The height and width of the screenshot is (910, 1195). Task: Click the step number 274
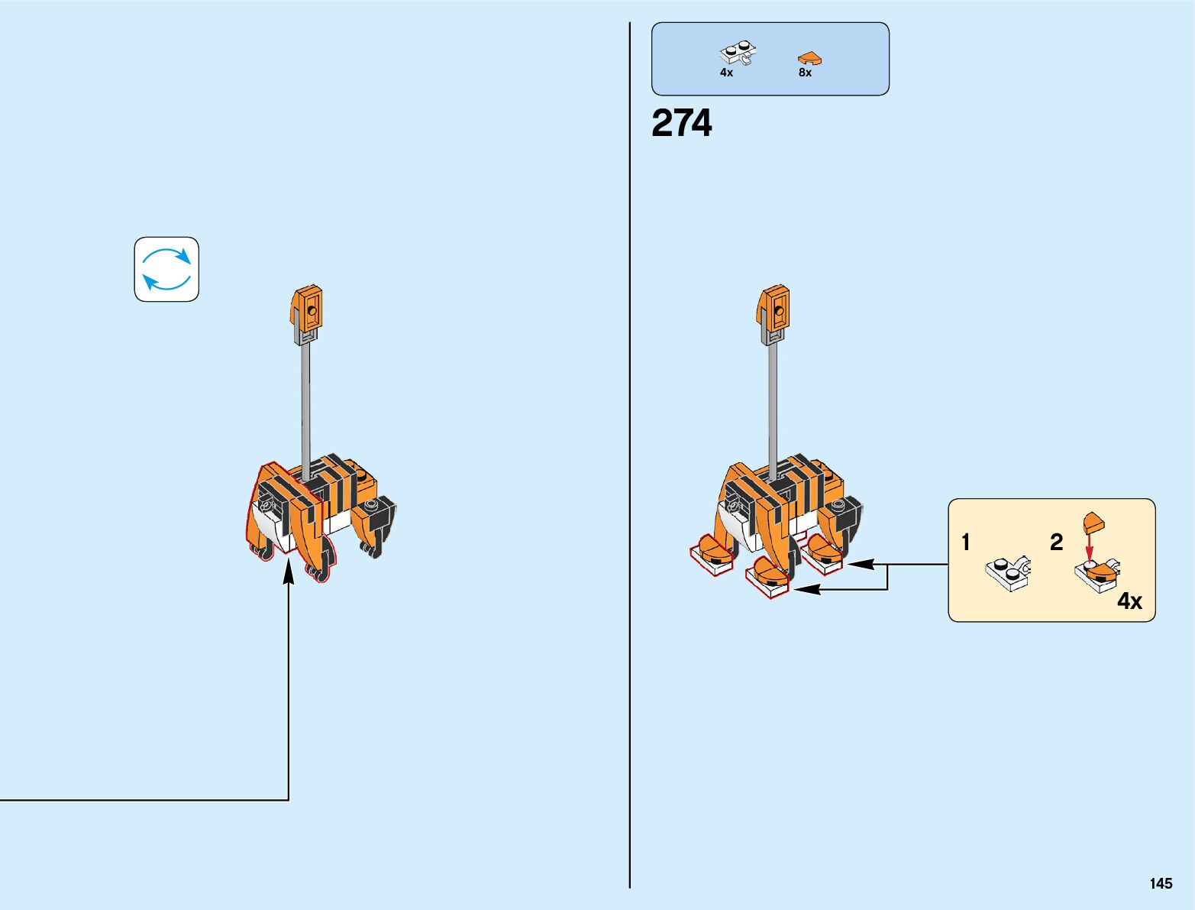coord(681,123)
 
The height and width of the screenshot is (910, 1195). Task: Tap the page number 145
coord(1160,883)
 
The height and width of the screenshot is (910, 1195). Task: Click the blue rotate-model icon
coord(166,269)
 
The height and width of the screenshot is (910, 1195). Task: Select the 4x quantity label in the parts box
coord(726,73)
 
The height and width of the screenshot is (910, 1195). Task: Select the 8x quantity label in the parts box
coord(805,73)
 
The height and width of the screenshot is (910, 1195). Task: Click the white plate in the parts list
coord(737,53)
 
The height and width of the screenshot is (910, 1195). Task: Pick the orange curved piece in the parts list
coord(809,58)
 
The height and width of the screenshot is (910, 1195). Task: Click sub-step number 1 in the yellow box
coord(966,542)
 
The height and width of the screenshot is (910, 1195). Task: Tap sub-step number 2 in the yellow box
coord(1056,542)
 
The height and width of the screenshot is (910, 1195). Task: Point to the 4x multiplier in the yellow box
coord(1129,601)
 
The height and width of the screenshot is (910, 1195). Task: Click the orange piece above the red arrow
coord(1094,523)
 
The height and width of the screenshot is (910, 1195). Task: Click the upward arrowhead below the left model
coord(289,572)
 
